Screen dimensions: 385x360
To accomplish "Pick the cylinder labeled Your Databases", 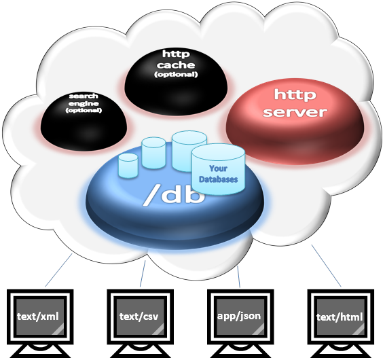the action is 218,169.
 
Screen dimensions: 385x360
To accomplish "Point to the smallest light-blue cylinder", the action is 128,166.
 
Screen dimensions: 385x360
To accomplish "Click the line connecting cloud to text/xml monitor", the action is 58,270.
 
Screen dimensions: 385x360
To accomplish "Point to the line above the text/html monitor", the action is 327,266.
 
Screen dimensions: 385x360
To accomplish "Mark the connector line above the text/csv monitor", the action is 143,273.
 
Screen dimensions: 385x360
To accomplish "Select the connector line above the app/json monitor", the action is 238,276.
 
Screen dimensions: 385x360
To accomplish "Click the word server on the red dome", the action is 295,112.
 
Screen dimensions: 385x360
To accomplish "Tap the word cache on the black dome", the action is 176,65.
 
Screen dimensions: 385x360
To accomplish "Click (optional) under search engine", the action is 84,110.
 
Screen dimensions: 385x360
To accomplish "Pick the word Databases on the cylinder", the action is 218,179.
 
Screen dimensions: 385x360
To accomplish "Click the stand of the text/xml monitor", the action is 40,351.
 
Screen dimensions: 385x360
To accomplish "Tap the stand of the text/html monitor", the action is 341,351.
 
